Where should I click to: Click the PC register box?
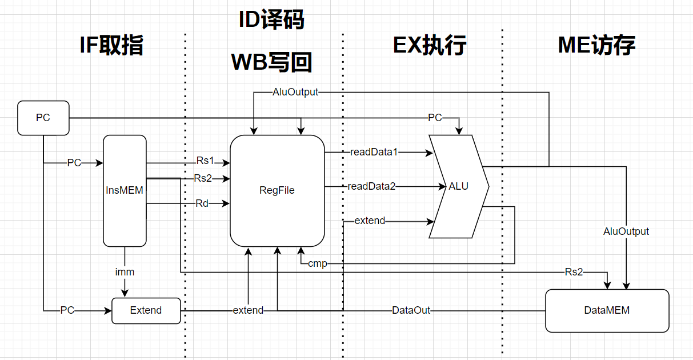tap(43, 118)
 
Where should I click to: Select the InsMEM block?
tap(124, 191)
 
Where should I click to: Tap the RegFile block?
tap(277, 190)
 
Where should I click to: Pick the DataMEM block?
tap(607, 310)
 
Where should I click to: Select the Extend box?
tap(146, 310)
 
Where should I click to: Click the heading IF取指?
tap(111, 46)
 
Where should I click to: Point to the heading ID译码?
tap(271, 21)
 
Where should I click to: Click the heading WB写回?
tap(271, 62)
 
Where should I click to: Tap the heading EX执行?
tap(430, 46)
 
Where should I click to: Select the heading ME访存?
tap(596, 46)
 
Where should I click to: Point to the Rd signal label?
tap(202, 203)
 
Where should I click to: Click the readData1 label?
tap(374, 152)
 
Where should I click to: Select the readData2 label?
tap(371, 186)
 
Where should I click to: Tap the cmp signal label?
tap(317, 263)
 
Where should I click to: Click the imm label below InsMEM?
tap(125, 272)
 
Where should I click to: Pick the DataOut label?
tap(411, 310)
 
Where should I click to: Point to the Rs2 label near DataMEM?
tap(574, 272)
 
